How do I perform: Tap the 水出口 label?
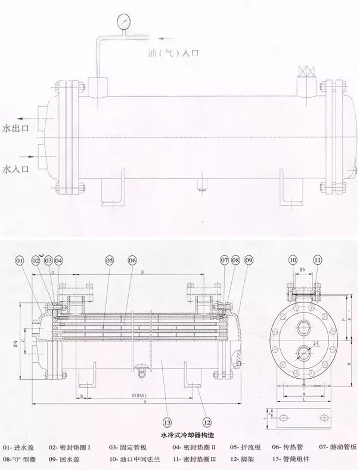15,128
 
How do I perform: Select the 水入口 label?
15,169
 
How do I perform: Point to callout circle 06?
132,261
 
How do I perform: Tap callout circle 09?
249,261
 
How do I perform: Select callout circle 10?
293,261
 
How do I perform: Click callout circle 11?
318,261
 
